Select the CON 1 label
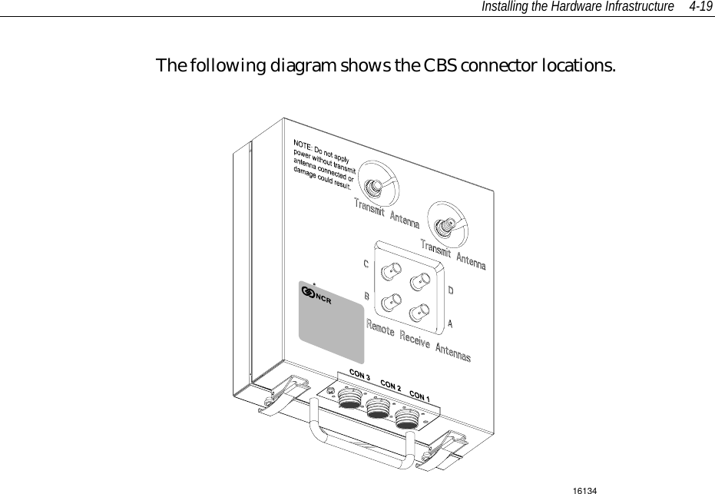click(419, 396)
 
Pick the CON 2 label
click(391, 386)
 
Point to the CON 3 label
click(360, 376)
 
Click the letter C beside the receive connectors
click(366, 264)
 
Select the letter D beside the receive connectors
click(451, 291)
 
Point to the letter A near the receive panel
click(450, 323)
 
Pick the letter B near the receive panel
click(366, 296)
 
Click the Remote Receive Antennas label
click(418, 340)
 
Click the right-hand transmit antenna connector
click(444, 226)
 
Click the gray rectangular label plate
click(330, 323)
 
